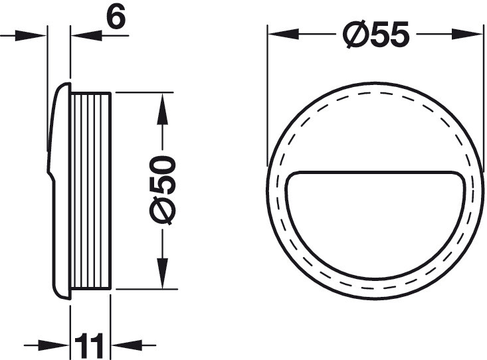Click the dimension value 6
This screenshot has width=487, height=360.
[x=116, y=17]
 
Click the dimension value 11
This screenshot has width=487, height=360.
[x=88, y=345]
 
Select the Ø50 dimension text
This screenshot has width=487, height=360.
[x=162, y=190]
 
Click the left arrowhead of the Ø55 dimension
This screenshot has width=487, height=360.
[x=283, y=34]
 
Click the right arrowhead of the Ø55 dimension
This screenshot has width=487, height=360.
[x=468, y=34]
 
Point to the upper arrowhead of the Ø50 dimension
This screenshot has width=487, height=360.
[x=162, y=108]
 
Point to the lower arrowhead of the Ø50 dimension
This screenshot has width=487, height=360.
[x=162, y=274]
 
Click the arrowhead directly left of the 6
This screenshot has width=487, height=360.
[x=86, y=36]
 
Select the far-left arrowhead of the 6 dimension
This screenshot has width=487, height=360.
[x=31, y=35]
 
